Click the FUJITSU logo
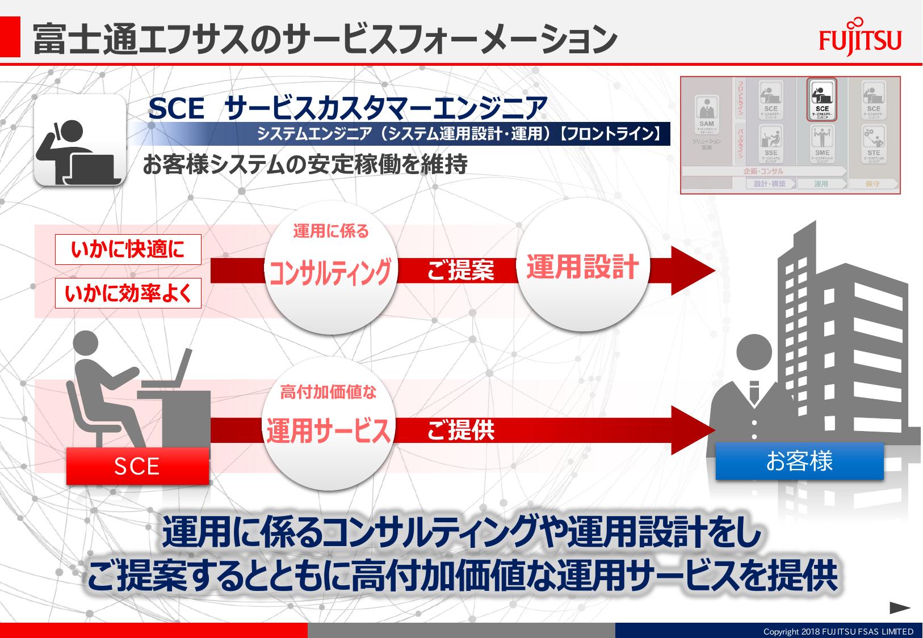[x=860, y=40]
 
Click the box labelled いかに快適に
[x=128, y=250]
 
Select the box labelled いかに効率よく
[x=128, y=293]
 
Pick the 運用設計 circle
[x=582, y=267]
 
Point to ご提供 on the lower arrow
[x=460, y=430]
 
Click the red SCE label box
[x=137, y=466]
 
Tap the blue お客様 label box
[x=799, y=461]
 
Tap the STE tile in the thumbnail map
[x=874, y=144]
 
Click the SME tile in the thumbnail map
[x=821, y=144]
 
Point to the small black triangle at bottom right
[x=900, y=608]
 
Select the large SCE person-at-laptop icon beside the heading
[x=79, y=140]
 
